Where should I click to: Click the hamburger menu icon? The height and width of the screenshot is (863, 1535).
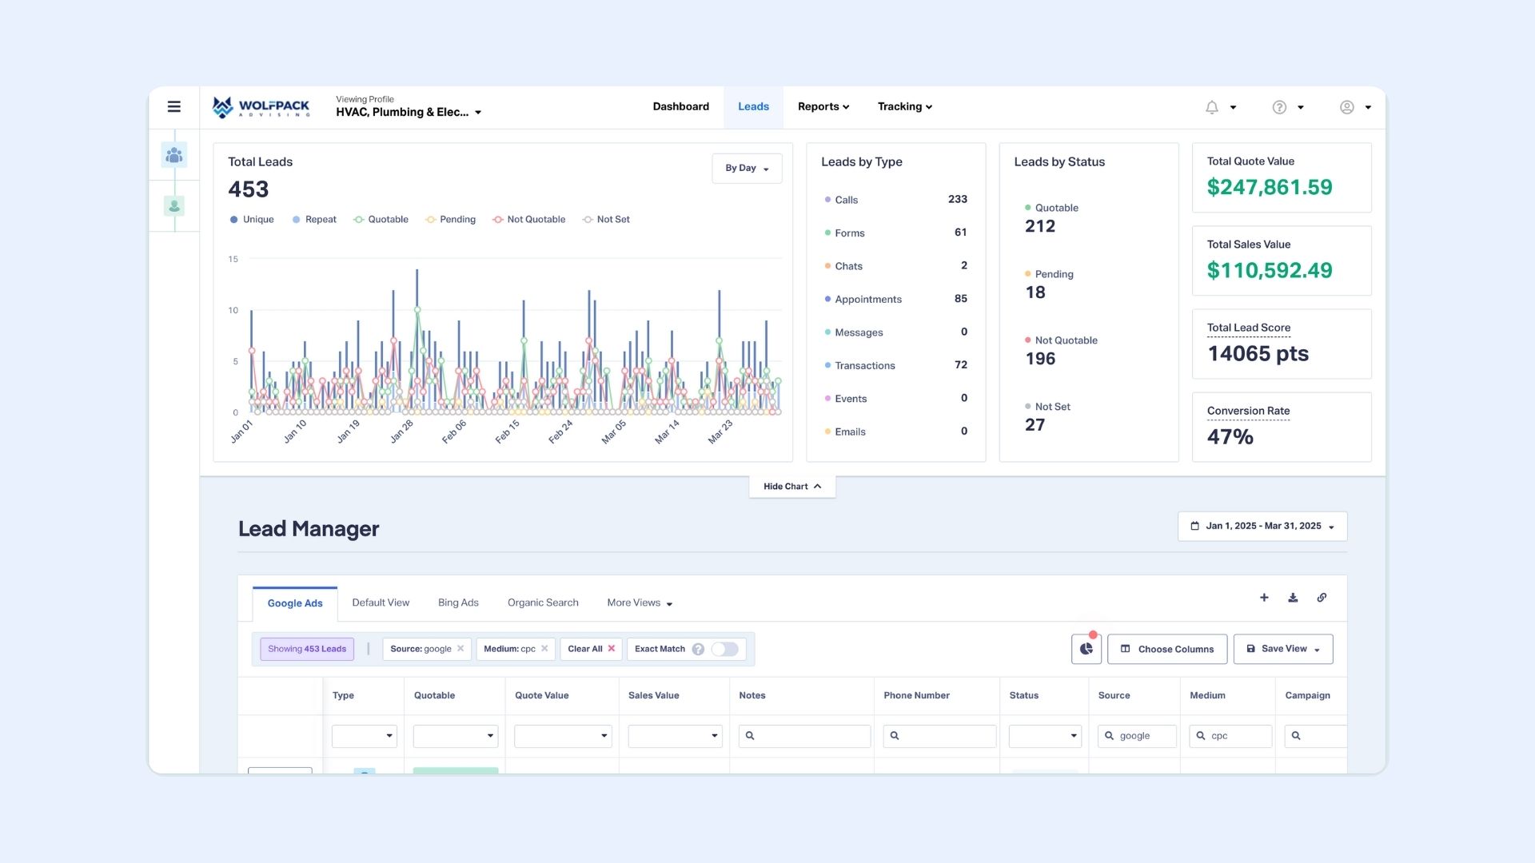point(173,107)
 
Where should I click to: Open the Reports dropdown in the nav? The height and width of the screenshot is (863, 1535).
point(823,107)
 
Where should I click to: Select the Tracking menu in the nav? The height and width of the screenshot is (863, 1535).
point(904,107)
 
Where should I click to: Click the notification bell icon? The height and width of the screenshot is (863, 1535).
point(1212,107)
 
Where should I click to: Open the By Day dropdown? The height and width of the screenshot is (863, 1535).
point(747,169)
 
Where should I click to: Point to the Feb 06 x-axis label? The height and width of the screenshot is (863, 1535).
point(454,431)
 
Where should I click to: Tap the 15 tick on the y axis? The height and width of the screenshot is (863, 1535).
point(233,259)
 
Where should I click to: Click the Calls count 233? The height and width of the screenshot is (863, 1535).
point(957,200)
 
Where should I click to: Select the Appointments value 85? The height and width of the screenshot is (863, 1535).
point(960,299)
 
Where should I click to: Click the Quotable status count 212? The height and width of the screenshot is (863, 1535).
point(1040,227)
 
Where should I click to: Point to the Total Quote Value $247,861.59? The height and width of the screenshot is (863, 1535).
point(1269,188)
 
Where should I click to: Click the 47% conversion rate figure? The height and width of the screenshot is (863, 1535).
point(1230,437)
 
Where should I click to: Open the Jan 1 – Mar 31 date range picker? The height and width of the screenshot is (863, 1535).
point(1262,527)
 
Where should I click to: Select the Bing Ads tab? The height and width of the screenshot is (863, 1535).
point(458,603)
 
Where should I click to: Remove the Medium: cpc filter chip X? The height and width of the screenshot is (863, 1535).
point(544,649)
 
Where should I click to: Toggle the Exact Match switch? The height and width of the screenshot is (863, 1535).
point(724,650)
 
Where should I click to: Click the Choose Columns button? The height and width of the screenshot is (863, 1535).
point(1166,650)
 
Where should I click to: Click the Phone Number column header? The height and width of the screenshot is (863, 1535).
point(916,696)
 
